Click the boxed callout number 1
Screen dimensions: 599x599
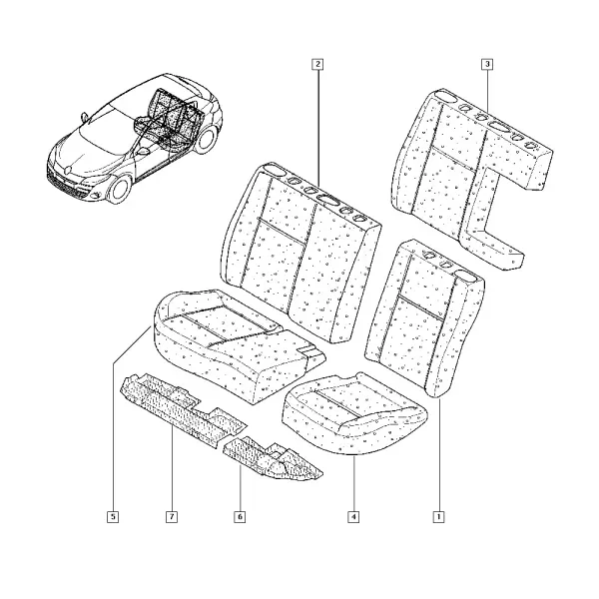tap(438, 517)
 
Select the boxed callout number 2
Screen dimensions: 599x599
tap(317, 64)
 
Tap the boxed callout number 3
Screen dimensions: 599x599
tap(487, 64)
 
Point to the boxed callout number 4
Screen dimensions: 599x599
tap(353, 517)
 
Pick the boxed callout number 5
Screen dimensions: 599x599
tap(113, 517)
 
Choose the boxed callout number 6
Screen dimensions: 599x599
tap(240, 517)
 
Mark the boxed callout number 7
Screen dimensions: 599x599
tap(172, 517)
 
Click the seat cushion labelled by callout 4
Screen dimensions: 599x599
tap(353, 414)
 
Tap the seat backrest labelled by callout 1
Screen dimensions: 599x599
tap(424, 317)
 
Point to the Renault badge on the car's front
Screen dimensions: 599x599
tap(68, 168)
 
